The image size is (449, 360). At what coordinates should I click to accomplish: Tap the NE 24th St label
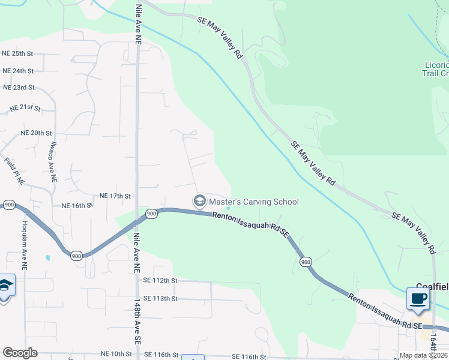(18, 71)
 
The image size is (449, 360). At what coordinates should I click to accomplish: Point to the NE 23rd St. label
(19, 88)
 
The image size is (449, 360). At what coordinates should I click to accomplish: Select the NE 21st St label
(25, 109)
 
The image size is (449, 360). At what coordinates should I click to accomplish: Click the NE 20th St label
(37, 133)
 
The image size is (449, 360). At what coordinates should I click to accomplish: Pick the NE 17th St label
(115, 196)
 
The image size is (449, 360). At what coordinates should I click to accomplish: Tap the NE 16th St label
(77, 205)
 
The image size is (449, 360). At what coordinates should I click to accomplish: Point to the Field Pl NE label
(14, 170)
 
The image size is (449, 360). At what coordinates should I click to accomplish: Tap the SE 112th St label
(160, 280)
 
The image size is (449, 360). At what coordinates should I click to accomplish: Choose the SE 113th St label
(160, 298)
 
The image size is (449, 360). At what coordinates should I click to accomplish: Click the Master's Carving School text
(254, 202)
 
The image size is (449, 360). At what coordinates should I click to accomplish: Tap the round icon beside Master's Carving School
(199, 202)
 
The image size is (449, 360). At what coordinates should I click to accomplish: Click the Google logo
(20, 353)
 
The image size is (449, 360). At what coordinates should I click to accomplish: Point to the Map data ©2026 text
(424, 355)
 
